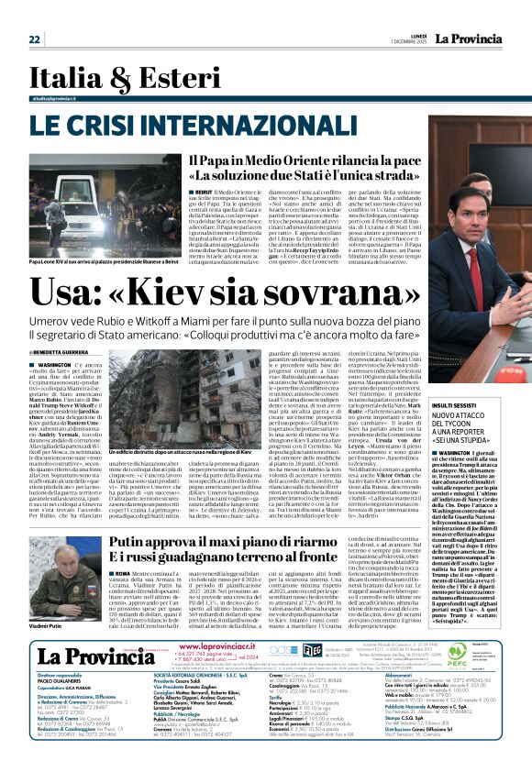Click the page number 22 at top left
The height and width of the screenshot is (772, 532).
[x=35, y=39]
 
